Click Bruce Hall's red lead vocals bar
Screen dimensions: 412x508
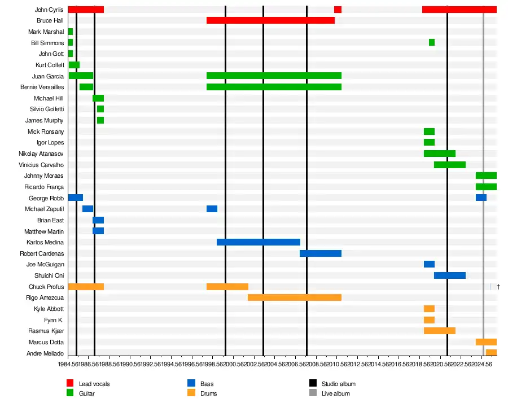pyautogui.click(x=270, y=20)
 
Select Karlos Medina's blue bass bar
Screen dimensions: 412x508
pyautogui.click(x=259, y=242)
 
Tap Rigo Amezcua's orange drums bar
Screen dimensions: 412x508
pyautogui.click(x=295, y=297)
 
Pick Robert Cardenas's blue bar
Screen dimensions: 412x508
pyautogui.click(x=321, y=253)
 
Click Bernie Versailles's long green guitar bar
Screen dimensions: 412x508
pyautogui.click(x=274, y=87)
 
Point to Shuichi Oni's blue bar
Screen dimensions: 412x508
pyautogui.click(x=450, y=275)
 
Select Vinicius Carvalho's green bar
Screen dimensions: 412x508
pyautogui.click(x=450, y=165)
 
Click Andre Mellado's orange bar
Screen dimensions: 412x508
pyautogui.click(x=491, y=353)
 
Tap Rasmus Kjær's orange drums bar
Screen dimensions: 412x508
pyautogui.click(x=440, y=331)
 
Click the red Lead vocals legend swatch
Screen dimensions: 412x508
pyautogui.click(x=71, y=384)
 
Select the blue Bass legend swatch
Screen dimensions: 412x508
pyautogui.click(x=191, y=384)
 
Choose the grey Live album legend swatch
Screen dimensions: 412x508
pyautogui.click(x=313, y=393)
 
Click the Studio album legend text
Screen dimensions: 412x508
pyautogui.click(x=339, y=384)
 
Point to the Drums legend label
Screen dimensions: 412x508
pyautogui.click(x=208, y=393)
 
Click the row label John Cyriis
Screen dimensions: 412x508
pyautogui.click(x=49, y=10)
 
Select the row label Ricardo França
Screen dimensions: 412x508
pyautogui.click(x=44, y=187)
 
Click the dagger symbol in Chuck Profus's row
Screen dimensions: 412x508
pyautogui.click(x=498, y=287)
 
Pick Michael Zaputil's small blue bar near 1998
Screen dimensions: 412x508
pyautogui.click(x=212, y=209)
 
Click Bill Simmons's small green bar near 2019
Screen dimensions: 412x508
pyautogui.click(x=432, y=42)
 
